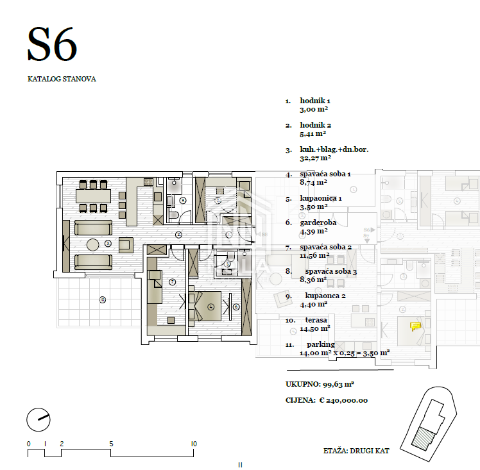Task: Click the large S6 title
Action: click(x=52, y=44)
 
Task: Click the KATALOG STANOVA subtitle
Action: click(x=62, y=79)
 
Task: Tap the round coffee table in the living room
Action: click(x=93, y=245)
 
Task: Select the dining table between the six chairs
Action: click(x=93, y=196)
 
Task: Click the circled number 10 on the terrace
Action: click(x=102, y=300)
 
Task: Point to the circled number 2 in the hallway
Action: click(x=178, y=235)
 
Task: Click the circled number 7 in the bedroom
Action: click(x=173, y=282)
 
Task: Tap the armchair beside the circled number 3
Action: click(x=126, y=245)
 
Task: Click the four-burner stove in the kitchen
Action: click(x=148, y=182)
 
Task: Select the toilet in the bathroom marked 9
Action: click(x=173, y=215)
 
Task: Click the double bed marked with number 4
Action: click(x=205, y=306)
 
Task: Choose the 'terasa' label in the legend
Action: click(x=316, y=320)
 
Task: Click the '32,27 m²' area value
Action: click(x=315, y=158)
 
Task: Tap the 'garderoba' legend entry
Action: click(x=318, y=222)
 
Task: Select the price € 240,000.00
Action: click(x=343, y=400)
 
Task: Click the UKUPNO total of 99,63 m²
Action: click(x=320, y=384)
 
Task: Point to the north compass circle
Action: click(x=39, y=420)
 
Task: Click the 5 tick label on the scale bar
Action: click(x=111, y=444)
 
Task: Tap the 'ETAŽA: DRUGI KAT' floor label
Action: click(x=356, y=451)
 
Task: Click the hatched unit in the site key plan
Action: click(x=424, y=439)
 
